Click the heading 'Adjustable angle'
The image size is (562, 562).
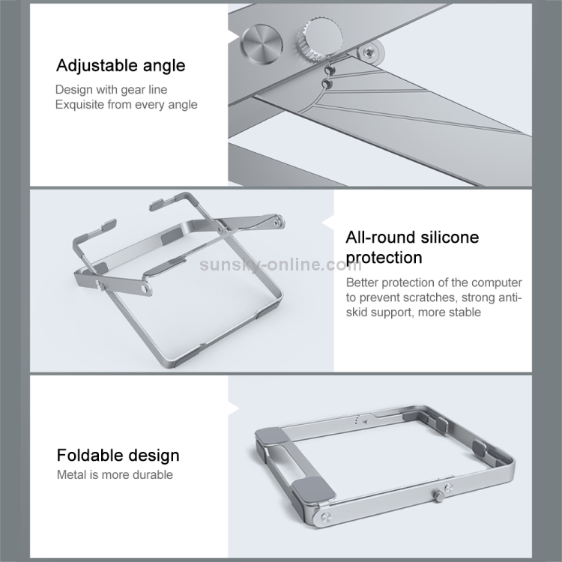pyautogui.click(x=121, y=66)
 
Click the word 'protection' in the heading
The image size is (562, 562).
pyautogui.click(x=384, y=258)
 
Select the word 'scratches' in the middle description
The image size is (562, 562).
pyautogui.click(x=429, y=297)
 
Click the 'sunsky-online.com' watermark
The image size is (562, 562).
pyautogui.click(x=281, y=265)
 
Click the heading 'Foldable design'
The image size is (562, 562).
pyautogui.click(x=118, y=455)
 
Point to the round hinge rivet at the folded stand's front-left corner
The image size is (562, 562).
pyautogui.click(x=325, y=516)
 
